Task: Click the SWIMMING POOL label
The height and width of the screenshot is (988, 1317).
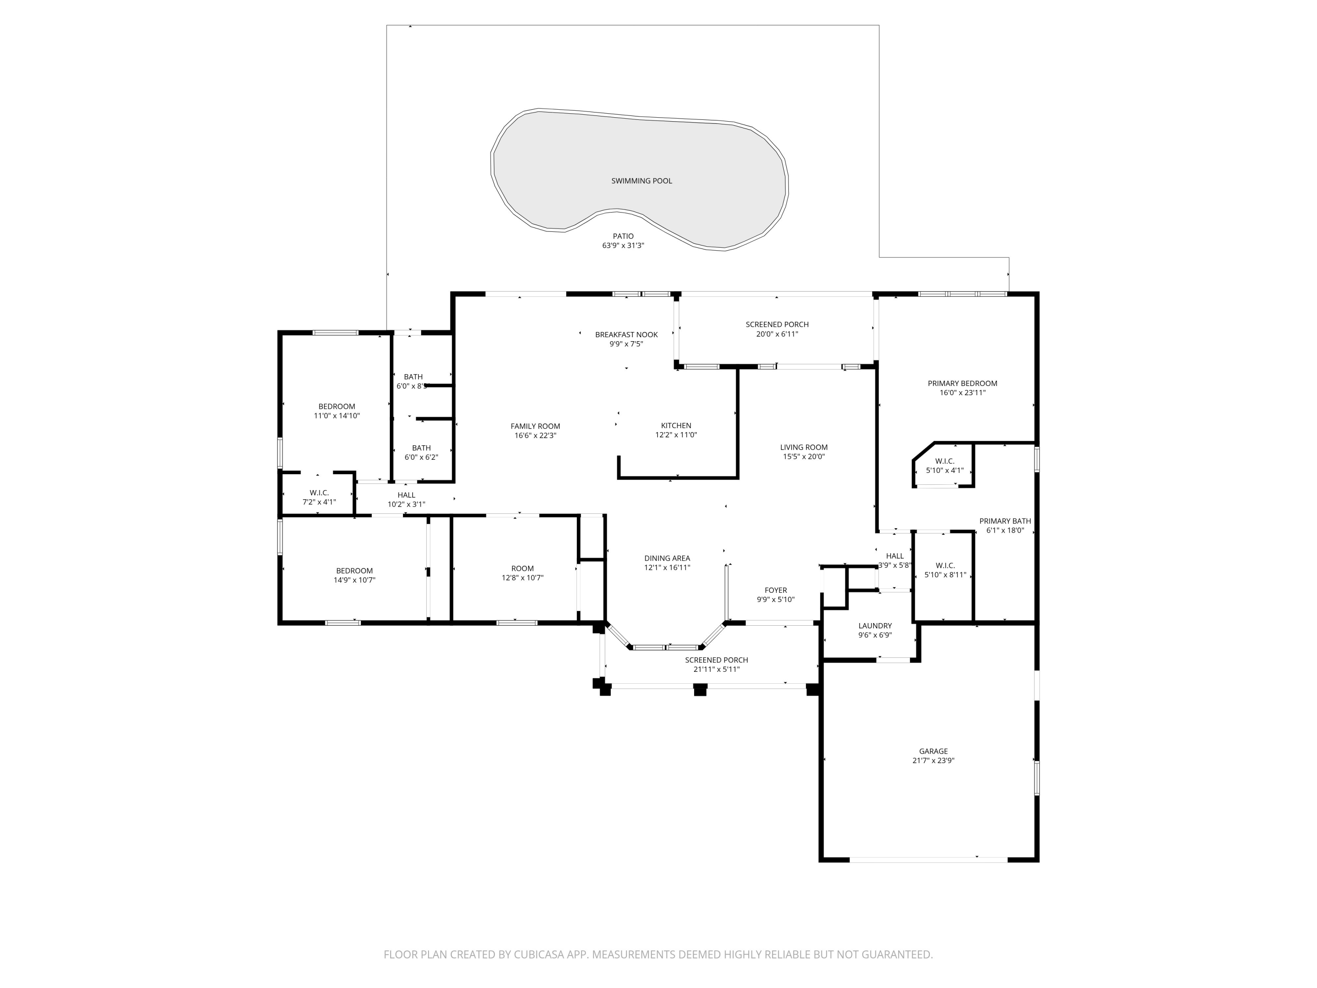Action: coord(641,181)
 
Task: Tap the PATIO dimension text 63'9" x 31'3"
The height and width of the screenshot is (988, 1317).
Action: coord(623,245)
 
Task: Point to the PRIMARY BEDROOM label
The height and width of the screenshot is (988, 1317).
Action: coord(962,383)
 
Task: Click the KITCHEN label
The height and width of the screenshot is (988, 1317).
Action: coord(676,426)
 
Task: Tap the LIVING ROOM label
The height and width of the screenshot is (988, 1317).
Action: coord(804,447)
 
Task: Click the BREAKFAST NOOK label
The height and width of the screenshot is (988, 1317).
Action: coord(626,335)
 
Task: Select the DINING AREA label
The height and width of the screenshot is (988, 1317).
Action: coord(667,559)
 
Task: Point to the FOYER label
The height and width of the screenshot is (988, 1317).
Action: coord(776,590)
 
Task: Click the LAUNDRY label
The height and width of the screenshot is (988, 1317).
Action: coord(874,626)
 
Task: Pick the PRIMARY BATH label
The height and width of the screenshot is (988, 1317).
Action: coord(1005,521)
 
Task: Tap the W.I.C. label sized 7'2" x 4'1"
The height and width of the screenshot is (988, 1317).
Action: coord(319,493)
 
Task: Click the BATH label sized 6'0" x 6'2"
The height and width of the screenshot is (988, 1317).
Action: coord(421,448)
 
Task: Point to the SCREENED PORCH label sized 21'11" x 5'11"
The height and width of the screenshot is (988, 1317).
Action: coord(716,660)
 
